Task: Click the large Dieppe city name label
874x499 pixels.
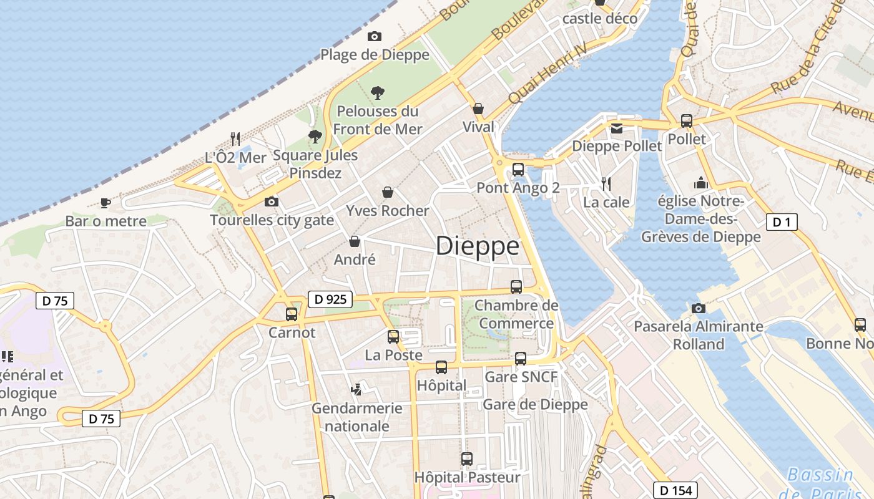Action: pos(478,246)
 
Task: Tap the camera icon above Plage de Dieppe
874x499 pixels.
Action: pos(375,36)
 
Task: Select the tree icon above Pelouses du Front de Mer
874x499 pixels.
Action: pos(377,93)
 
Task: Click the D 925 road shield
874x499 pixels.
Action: pos(330,299)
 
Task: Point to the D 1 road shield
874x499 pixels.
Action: pos(782,221)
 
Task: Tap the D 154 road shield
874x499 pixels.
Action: pos(675,490)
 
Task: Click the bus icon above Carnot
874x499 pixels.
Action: pos(292,314)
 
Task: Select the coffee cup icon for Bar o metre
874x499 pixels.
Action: pos(106,203)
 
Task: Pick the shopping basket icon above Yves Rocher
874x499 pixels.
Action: pos(388,192)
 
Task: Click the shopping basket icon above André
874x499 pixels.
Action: pos(355,241)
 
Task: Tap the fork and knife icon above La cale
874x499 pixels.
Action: pos(606,183)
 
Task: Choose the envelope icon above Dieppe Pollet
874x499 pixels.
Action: pos(617,128)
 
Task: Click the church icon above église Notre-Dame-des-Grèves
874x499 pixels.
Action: pos(701,183)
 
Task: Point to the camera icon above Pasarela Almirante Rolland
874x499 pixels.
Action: pos(699,308)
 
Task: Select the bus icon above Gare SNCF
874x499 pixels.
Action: pos(521,358)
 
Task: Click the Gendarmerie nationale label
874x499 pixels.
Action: pos(357,417)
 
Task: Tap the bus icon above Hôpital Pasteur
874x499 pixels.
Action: pos(467,459)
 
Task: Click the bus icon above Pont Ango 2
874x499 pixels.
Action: pos(518,169)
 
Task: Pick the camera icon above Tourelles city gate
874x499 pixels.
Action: pos(272,201)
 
